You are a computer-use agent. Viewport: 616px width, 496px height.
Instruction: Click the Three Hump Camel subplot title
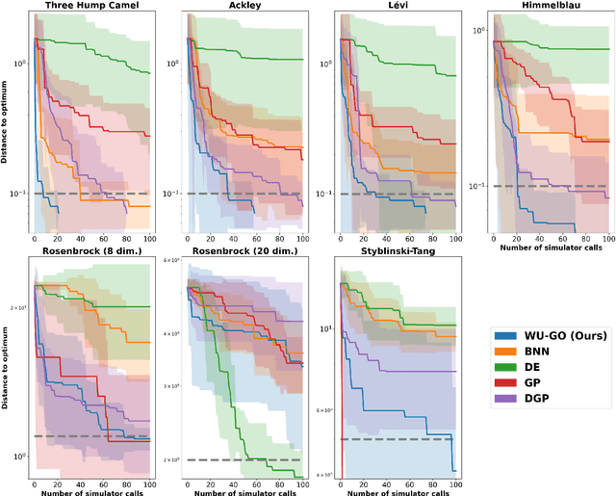pos(91,7)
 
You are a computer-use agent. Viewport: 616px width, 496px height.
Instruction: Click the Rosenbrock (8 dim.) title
pos(91,252)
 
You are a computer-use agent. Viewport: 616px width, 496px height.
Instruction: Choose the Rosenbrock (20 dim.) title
pos(245,252)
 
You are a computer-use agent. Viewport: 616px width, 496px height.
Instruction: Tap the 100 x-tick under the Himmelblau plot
pos(607,237)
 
